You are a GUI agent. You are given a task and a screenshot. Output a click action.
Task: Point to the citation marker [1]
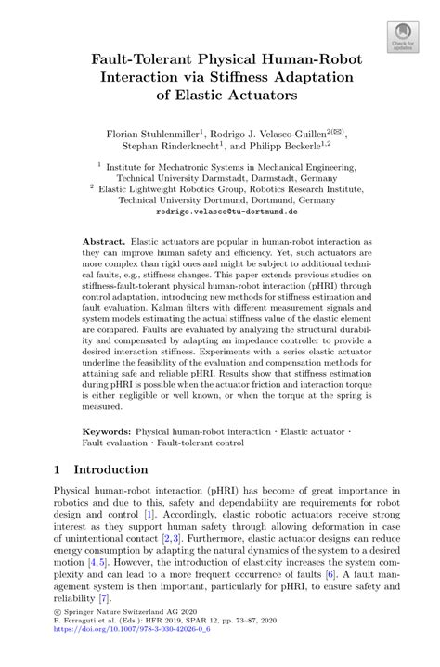point(147,514)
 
